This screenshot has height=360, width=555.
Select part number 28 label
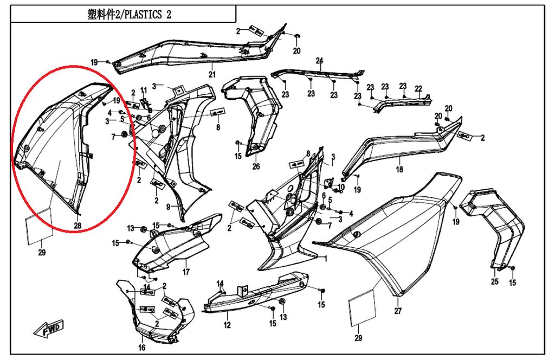coord(78,226)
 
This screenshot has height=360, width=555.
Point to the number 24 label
coord(319,60)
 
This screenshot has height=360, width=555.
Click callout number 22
coord(418,88)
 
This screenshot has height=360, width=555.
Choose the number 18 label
coord(399,170)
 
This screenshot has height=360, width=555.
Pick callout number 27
coord(398,311)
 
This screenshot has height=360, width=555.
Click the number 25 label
coord(494,281)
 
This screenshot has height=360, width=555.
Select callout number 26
coord(256,166)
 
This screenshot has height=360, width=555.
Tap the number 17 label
coord(186,272)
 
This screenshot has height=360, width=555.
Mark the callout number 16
coord(142,348)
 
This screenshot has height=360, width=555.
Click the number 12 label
coord(227,325)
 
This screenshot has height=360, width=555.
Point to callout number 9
coord(168,207)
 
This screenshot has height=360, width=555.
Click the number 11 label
coord(144,90)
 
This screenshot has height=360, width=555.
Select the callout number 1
coord(325,259)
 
